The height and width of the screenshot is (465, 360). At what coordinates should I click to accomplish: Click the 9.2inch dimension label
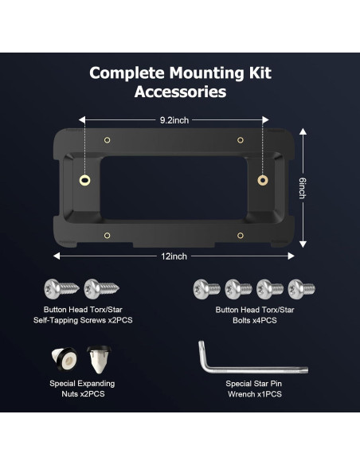tap(174, 120)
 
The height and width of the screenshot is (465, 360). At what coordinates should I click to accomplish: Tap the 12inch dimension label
tap(174, 256)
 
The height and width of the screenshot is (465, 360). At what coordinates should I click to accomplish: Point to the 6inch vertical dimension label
tap(302, 189)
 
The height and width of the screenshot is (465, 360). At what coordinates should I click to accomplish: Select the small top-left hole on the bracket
tap(108, 140)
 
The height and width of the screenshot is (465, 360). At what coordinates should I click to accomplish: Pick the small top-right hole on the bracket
tap(240, 140)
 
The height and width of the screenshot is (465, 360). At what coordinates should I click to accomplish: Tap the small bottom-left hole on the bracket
tap(108, 235)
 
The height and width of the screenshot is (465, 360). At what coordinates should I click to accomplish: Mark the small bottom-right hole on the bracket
tap(240, 235)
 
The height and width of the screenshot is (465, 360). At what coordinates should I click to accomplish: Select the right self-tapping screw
tap(101, 287)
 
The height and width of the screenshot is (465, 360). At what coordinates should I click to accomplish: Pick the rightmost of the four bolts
tap(301, 287)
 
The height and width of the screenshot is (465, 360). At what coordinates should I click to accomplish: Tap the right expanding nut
tap(99, 360)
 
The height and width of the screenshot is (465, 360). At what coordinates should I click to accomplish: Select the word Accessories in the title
tap(180, 92)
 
